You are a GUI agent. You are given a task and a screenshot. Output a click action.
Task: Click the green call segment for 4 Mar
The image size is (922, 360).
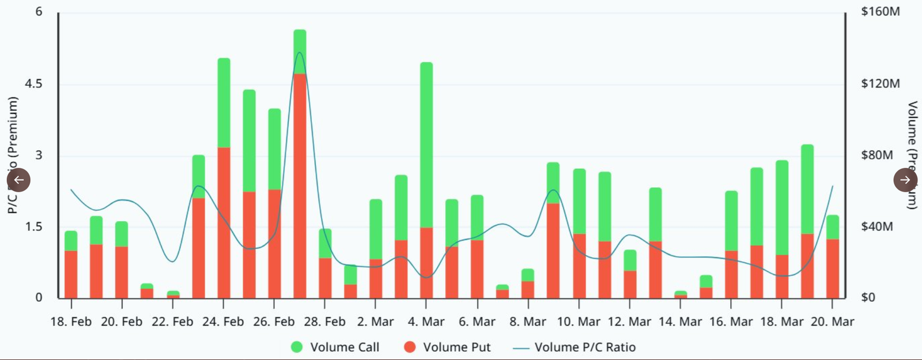(x=426, y=144)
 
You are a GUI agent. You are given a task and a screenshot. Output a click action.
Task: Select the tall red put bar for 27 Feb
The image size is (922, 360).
(x=300, y=184)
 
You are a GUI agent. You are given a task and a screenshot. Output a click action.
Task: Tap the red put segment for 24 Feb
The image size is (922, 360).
(x=224, y=222)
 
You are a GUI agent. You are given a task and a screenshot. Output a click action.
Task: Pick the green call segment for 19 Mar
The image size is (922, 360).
(x=807, y=189)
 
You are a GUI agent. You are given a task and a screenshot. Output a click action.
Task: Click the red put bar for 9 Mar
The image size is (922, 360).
(x=553, y=251)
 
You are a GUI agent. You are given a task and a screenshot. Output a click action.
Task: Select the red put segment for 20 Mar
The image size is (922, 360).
(x=833, y=268)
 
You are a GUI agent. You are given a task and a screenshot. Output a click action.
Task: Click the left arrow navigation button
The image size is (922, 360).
(x=18, y=180)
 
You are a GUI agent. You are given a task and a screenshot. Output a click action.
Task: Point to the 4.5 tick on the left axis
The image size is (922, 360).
(x=33, y=84)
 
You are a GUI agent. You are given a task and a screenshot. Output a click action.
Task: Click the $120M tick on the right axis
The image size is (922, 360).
(x=880, y=84)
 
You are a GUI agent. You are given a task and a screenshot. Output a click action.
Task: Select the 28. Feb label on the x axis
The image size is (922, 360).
(x=324, y=322)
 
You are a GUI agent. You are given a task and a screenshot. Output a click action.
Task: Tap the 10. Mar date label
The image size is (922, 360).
(x=579, y=322)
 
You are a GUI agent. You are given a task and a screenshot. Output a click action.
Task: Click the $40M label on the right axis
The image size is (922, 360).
(x=876, y=227)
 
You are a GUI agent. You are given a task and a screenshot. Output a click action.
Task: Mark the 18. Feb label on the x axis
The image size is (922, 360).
(x=71, y=322)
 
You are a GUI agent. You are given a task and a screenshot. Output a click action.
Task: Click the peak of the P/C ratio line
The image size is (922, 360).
(x=300, y=53)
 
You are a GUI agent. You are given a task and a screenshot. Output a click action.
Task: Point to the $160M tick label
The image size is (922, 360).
(x=880, y=12)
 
